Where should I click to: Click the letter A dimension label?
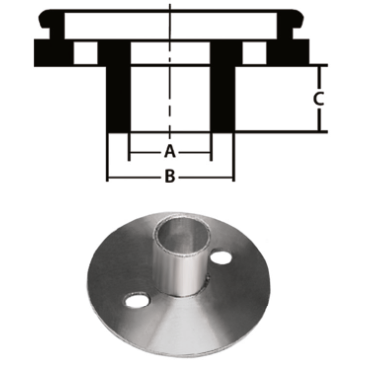coord(170,152)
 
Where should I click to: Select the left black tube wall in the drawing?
coord(119,94)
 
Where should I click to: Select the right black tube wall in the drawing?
coord(222,94)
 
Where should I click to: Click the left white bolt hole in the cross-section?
coord(88,51)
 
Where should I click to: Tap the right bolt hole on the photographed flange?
coord(222,257)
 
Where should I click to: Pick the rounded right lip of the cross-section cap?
coord(290,22)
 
